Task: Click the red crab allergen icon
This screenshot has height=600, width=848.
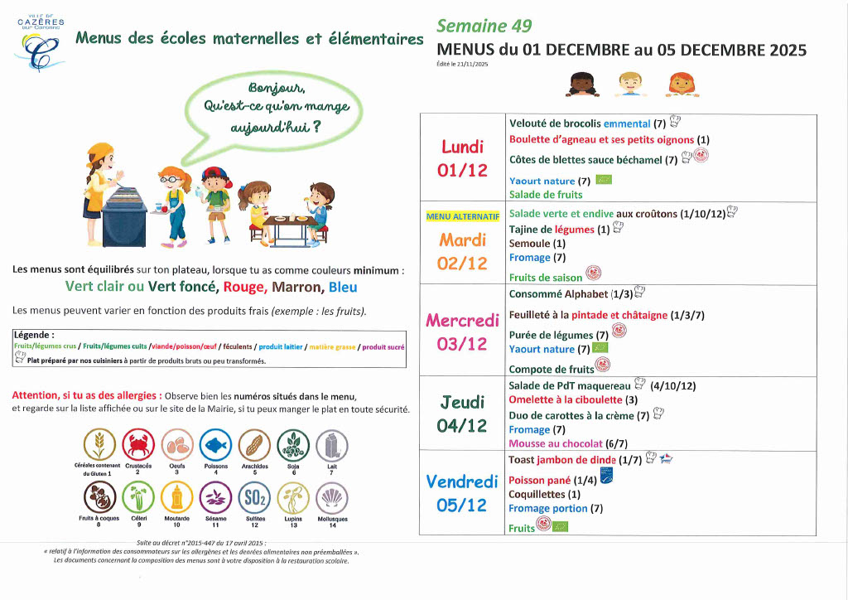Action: (x=138, y=444)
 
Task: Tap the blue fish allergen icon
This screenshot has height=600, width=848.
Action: (x=215, y=444)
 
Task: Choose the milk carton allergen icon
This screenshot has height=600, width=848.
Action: (x=332, y=444)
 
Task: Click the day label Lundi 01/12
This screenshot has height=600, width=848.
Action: (x=463, y=158)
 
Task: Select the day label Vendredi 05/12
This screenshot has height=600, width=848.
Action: (x=462, y=492)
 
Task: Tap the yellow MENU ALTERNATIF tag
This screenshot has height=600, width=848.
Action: (x=463, y=216)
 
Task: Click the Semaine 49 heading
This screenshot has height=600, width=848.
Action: (x=484, y=27)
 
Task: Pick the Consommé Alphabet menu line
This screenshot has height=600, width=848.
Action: (x=571, y=293)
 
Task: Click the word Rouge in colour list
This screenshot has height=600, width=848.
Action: (x=243, y=288)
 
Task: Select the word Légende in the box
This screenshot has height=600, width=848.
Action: (x=35, y=335)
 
